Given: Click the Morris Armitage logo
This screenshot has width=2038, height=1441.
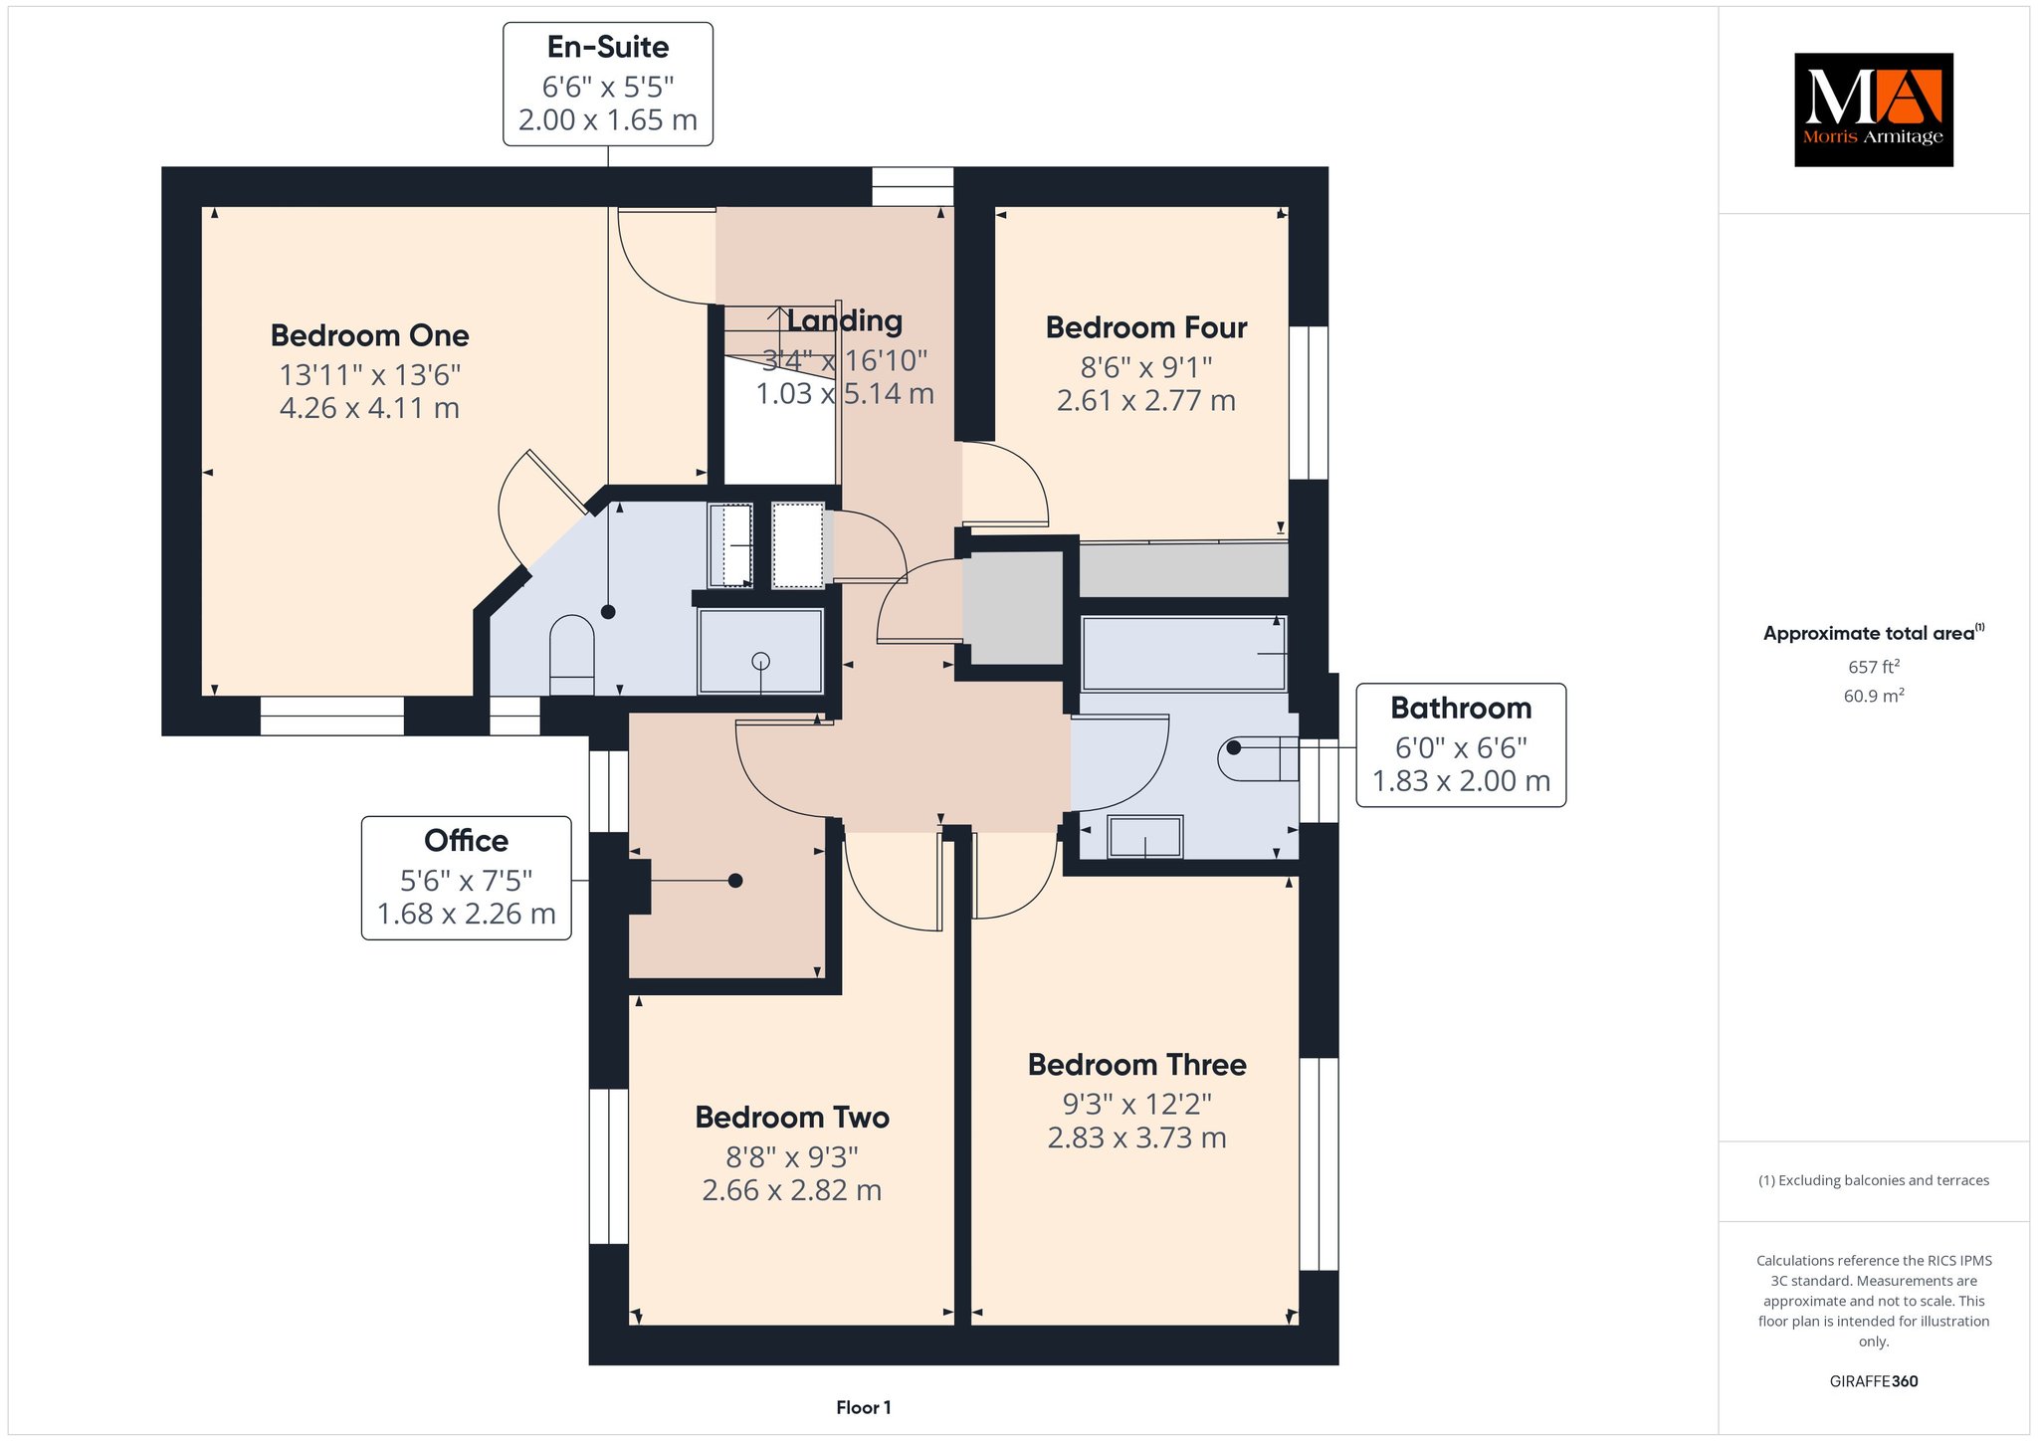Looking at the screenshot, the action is point(1873,109).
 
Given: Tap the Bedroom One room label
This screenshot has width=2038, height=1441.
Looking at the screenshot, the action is point(369,335).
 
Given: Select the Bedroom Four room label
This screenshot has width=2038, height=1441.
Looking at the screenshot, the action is point(1146,327).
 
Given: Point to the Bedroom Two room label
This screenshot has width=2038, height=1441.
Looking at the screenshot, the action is point(792,1118).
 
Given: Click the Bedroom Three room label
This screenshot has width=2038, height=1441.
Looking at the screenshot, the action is point(1137,1065).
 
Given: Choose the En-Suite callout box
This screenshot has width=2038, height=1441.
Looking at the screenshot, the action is point(608,85).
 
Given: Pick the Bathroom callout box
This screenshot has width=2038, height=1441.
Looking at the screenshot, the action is point(1461,744).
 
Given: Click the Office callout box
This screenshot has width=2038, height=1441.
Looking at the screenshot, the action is point(467,878).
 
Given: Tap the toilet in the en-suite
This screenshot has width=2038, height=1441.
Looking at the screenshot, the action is point(571,655).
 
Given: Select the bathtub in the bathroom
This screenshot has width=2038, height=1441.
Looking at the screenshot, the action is point(1184,653).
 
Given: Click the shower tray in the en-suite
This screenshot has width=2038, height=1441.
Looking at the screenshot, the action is point(761,651).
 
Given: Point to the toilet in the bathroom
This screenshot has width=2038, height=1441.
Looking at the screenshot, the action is point(1259,758).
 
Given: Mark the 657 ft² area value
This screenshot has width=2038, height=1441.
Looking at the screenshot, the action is point(1874,667).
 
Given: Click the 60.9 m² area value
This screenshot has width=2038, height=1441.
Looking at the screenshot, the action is point(1874,696).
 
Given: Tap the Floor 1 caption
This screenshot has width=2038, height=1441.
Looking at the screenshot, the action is point(864,1407).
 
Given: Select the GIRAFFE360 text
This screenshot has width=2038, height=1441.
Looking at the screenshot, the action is point(1874,1381).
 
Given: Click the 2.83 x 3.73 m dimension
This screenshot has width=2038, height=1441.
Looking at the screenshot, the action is point(1137,1137).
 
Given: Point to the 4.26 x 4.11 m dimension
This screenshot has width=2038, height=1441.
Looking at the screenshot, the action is point(369,408).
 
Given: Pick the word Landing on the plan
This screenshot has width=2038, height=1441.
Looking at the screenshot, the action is point(845,320).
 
